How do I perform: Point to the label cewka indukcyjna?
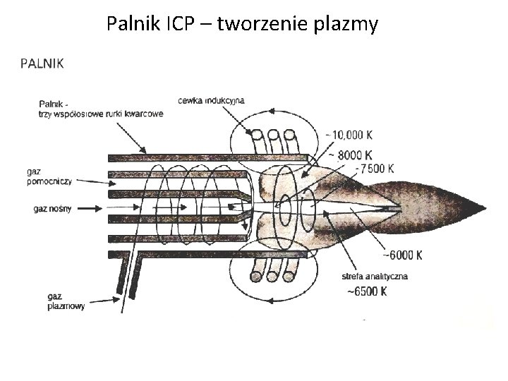(x=212, y=99)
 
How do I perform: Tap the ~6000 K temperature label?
(x=401, y=255)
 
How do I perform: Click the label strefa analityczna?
(x=373, y=276)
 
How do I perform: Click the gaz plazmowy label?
(x=66, y=301)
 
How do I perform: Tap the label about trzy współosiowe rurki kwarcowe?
(x=102, y=110)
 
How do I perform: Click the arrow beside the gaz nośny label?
(x=88, y=208)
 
